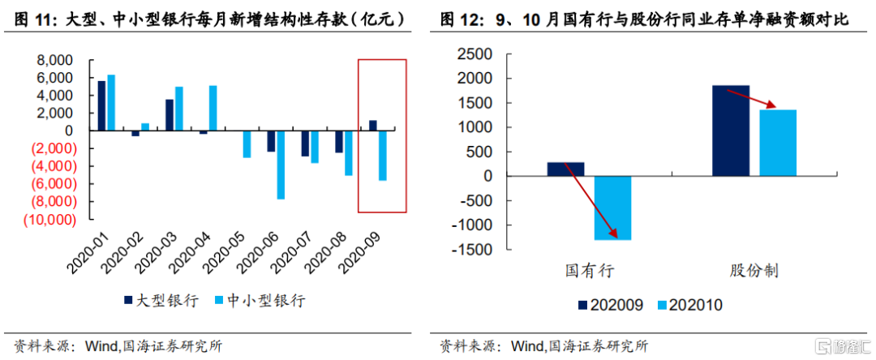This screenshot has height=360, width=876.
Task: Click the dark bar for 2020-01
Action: (x=101, y=105)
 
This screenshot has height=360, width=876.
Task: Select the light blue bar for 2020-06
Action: (x=281, y=165)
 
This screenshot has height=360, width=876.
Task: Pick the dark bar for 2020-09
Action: (x=373, y=125)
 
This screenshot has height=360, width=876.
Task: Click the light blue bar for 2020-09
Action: (x=382, y=155)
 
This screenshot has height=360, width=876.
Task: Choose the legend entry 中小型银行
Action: (x=260, y=300)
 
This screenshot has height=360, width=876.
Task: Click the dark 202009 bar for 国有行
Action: (x=565, y=169)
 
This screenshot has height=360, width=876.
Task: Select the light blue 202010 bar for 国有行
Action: (x=612, y=208)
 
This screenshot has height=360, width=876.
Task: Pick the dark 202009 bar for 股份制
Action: (x=731, y=131)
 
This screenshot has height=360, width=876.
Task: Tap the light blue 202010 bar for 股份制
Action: (x=778, y=143)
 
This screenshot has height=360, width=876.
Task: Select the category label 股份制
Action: (x=754, y=269)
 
